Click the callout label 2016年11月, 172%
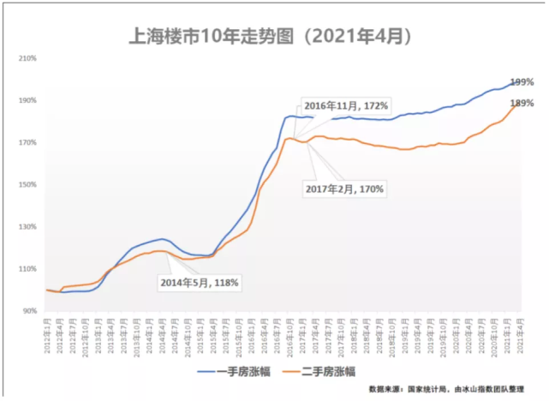click(346, 106)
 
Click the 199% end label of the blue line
click(522, 82)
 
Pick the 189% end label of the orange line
click(522, 104)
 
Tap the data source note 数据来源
click(448, 388)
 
